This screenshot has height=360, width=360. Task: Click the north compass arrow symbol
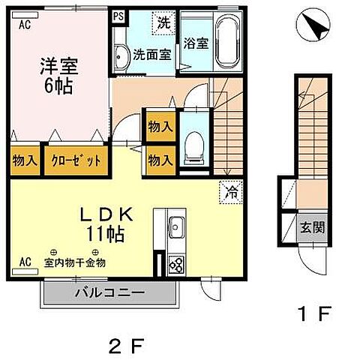coord(314,28)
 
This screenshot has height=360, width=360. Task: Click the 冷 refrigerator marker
coord(232,192)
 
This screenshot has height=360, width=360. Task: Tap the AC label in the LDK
coord(25,262)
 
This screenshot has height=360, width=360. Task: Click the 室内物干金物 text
coord(74,262)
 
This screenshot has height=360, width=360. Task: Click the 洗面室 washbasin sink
coord(123,53)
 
